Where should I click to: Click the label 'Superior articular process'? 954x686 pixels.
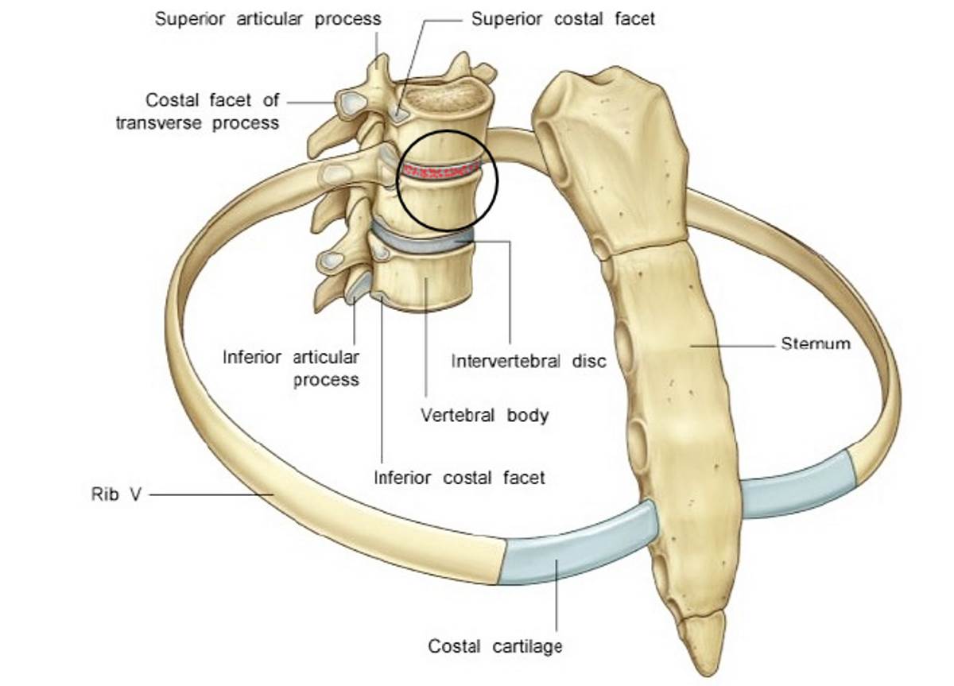point(267,18)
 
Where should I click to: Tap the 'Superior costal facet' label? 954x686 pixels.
point(563,18)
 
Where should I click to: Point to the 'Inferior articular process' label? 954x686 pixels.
point(291,368)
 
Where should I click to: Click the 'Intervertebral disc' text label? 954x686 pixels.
point(529,362)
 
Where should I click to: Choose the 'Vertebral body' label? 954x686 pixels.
point(484,415)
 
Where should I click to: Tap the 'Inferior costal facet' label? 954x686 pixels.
point(460,478)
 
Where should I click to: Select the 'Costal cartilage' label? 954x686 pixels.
point(494,645)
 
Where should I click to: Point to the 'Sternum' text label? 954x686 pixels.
point(814,344)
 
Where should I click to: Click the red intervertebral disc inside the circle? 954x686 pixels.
point(442,169)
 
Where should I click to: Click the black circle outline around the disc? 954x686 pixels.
point(497,181)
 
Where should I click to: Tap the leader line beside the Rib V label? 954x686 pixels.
point(207,494)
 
